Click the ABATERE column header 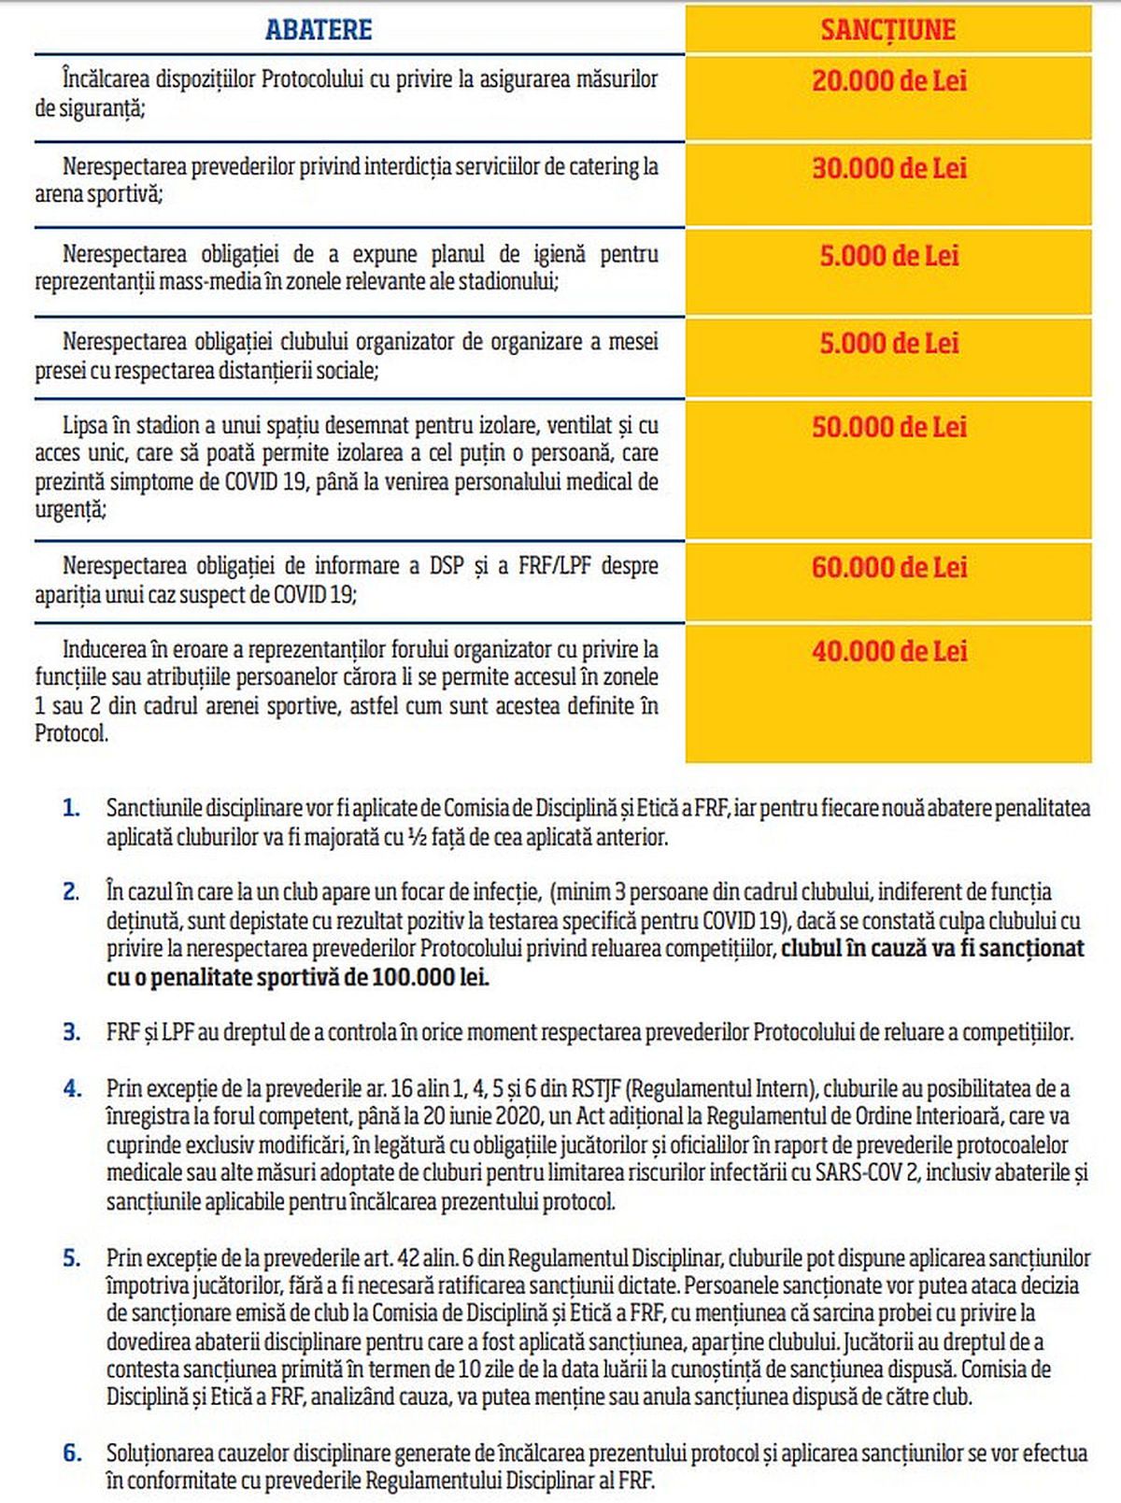319,30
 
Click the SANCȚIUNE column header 888,30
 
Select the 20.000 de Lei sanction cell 888,80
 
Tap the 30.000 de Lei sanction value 888,168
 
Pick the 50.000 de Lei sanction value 888,427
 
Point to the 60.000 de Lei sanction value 888,567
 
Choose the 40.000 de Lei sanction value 888,651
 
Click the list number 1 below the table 72,808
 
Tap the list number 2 72,892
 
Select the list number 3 72,1032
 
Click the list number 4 72,1088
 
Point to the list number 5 72,1258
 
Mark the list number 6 72,1453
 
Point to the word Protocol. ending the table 72,734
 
